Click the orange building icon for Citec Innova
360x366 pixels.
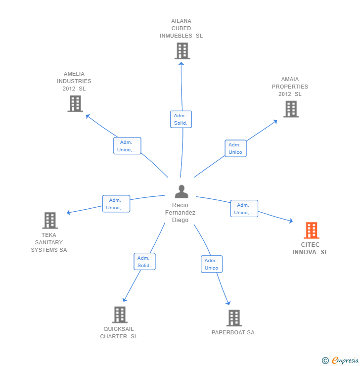point(311,230)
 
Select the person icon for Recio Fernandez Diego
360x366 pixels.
point(181,191)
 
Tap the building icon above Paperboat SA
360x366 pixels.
point(234,318)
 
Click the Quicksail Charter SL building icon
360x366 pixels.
point(120,315)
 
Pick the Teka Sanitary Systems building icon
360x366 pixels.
point(49,221)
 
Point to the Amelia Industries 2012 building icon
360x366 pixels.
point(75,104)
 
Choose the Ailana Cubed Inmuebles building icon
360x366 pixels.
point(182,51)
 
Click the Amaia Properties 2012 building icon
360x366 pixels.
point(291,109)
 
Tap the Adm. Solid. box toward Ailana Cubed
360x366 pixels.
point(180,119)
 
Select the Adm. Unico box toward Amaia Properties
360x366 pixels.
point(235,148)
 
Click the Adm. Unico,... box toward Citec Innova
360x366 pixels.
point(244,209)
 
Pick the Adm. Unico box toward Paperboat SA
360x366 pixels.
point(211,264)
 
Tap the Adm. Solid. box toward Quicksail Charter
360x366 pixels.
point(144,262)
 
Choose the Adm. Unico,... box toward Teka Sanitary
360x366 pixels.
point(116,204)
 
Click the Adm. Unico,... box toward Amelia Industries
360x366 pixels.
point(127,146)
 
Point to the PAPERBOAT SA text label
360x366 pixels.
point(233,332)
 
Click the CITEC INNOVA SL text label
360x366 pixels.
point(310,248)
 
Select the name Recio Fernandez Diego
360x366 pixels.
point(180,213)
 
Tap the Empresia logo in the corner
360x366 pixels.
point(340,361)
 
